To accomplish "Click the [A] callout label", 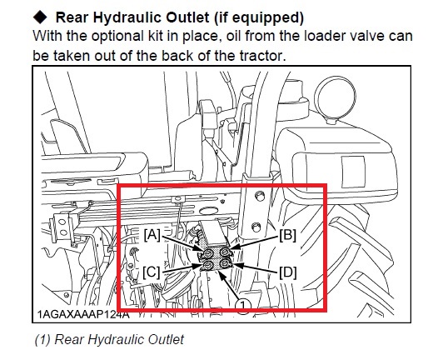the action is pos(152,235).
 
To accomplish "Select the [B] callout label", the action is pos(287,235).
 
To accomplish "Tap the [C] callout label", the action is pos(152,272).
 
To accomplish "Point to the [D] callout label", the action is pos(288,272).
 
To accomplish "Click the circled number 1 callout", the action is pos(243,306).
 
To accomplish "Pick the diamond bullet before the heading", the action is pos(40,17).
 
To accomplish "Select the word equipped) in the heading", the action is pos(268,17).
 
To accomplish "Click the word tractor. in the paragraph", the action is pos(262,56).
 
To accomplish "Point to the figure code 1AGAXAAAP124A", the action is pos(83,314).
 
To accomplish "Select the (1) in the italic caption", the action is pos(42,339).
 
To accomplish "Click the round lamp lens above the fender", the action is pos(336,97).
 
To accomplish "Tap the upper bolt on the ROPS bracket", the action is pos(260,197).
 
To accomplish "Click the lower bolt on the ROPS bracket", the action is pos(256,227).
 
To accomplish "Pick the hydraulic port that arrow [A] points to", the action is pos(208,253).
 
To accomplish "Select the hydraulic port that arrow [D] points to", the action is pos(225,263).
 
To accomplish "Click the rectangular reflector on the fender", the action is pos(353,172).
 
